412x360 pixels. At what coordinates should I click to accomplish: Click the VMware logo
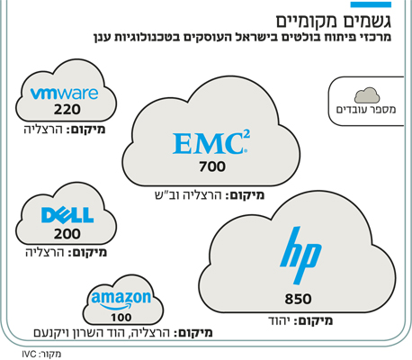point(64,94)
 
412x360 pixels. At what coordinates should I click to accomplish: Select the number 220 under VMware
point(67,110)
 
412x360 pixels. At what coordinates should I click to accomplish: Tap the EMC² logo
point(211,143)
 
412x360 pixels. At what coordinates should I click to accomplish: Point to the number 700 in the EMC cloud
point(212,166)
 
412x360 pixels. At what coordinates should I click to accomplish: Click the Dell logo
point(67,215)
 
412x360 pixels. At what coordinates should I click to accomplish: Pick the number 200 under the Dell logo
point(67,234)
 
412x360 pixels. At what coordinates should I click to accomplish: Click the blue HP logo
point(300,256)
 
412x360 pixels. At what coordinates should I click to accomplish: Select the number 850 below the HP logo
point(298,299)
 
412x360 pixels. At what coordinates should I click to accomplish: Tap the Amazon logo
point(121,301)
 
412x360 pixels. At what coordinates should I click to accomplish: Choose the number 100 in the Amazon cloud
point(121,318)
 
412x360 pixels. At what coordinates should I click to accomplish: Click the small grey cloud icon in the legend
point(367,95)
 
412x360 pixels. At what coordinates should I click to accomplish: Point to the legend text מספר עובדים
point(366,110)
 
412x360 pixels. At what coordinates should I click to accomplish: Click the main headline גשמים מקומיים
point(334,22)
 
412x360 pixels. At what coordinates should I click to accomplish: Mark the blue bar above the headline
point(371,4)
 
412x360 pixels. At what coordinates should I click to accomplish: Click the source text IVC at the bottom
point(29,354)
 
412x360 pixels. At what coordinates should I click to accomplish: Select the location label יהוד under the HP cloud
point(279,321)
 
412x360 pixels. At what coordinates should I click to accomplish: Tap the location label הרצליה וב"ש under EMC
point(188,195)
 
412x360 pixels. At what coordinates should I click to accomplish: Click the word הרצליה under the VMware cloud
point(43,130)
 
